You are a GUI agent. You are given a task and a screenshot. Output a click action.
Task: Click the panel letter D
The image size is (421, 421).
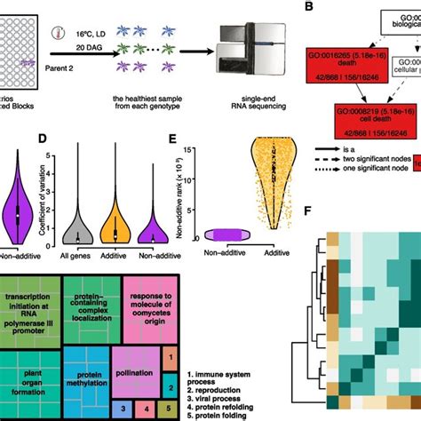click(68, 139)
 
